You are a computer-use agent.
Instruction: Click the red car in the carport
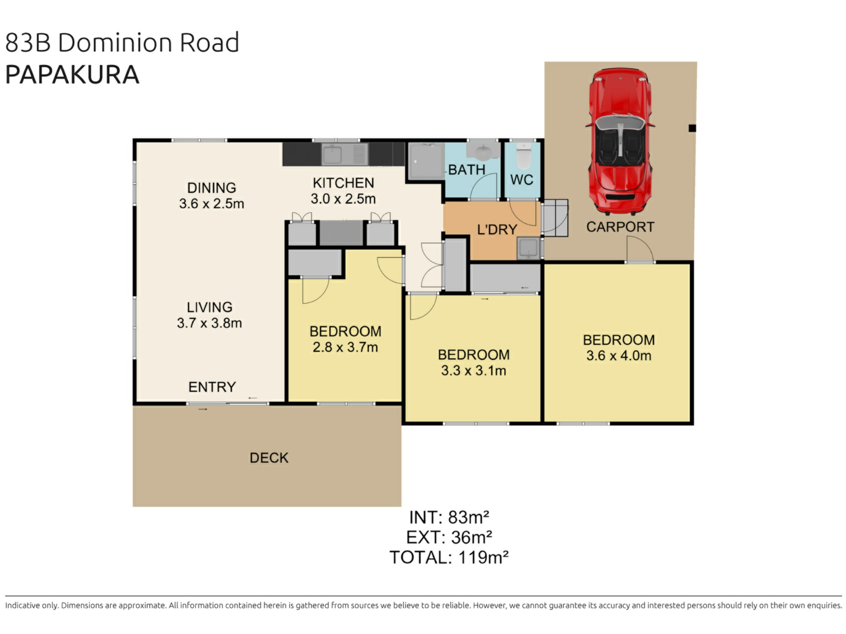620,141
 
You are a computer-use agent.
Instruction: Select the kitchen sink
333,155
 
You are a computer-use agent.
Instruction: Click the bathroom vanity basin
483,152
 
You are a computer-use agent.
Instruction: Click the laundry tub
528,248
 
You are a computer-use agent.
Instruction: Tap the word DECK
269,458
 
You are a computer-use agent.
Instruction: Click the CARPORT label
620,227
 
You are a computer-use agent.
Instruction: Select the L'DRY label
497,229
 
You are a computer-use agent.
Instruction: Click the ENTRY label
212,387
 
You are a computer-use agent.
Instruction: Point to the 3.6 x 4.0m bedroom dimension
619,355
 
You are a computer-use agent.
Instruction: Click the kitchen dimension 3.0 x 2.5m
343,199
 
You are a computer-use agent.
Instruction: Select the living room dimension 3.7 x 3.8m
209,323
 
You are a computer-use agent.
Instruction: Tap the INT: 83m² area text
449,517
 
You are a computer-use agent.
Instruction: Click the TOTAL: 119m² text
449,557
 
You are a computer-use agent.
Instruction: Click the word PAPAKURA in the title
72,74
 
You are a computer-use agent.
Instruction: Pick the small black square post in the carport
692,128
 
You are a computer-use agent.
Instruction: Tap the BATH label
467,170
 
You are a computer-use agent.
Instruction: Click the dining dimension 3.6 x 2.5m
211,203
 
